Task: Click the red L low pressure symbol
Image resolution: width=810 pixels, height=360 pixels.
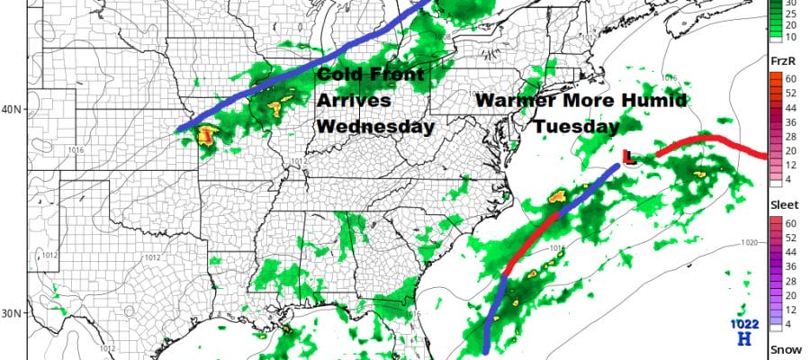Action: click(630, 157)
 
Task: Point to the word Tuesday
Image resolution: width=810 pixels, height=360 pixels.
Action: click(573, 127)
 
